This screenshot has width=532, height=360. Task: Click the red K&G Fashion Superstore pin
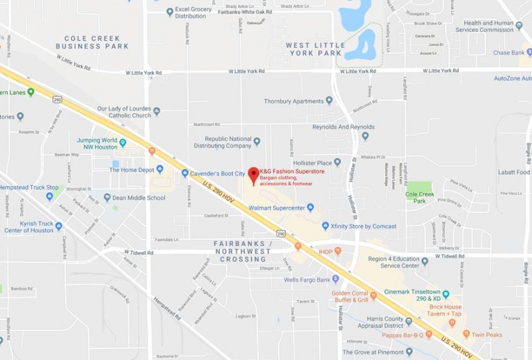(253, 175)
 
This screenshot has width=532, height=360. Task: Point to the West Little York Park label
(315, 49)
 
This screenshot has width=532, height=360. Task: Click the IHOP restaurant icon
(338, 251)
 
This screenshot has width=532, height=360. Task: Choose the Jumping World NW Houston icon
(122, 142)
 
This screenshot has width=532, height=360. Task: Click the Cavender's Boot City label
(217, 174)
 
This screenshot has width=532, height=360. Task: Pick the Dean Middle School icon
(107, 198)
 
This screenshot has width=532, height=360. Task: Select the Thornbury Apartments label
(293, 101)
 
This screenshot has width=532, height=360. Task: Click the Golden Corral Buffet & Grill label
(350, 296)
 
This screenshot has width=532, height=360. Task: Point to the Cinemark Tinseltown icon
(446, 293)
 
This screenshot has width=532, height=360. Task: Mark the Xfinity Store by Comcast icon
(325, 226)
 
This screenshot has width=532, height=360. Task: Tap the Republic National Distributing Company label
(219, 142)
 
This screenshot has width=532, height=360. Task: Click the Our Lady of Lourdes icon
(156, 112)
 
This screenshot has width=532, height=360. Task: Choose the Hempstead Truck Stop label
(29, 188)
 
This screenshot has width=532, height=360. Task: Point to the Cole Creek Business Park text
(92, 42)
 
